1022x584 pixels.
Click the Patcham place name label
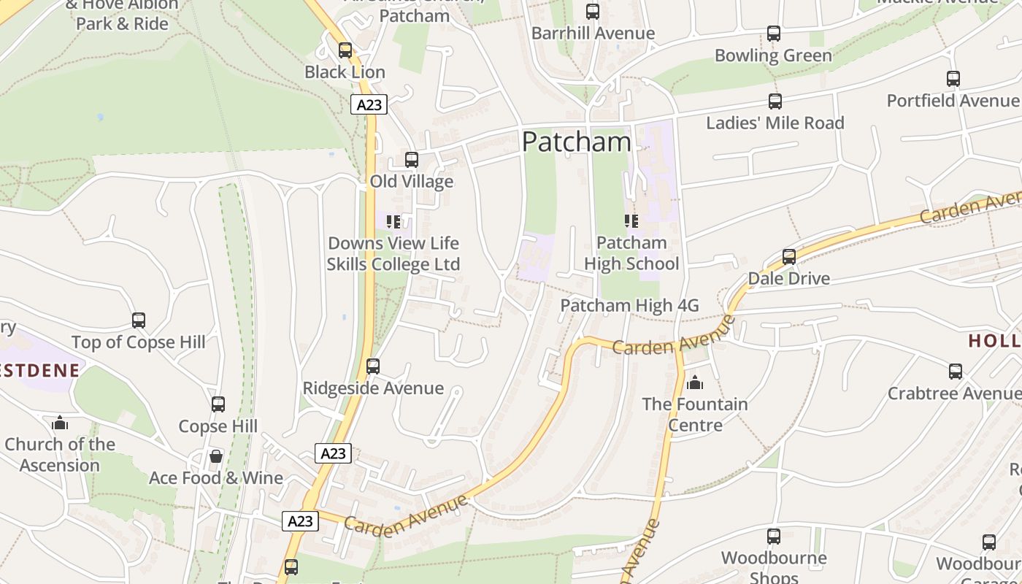click(x=576, y=142)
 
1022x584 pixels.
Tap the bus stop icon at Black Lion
click(x=345, y=50)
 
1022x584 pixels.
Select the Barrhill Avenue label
click(x=593, y=34)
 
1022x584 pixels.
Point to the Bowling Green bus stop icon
click(x=774, y=34)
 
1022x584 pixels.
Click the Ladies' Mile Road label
click(x=775, y=123)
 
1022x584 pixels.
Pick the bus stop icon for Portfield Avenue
click(x=953, y=79)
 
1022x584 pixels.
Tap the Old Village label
click(x=411, y=181)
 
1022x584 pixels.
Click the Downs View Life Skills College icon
click(x=393, y=221)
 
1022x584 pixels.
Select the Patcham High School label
click(x=631, y=253)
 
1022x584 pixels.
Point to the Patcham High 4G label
click(x=629, y=305)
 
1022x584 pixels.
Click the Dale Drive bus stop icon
click(x=789, y=257)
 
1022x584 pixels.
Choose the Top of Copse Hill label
click(x=138, y=342)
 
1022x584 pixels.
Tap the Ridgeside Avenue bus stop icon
click(x=373, y=366)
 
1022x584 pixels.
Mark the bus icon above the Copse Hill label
click(x=218, y=404)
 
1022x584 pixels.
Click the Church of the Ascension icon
click(x=60, y=423)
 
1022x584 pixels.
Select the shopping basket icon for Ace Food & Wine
click(x=216, y=457)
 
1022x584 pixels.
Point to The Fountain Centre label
click(x=694, y=414)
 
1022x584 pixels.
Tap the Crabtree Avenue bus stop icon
click(x=956, y=372)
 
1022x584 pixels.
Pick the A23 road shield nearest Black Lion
click(x=369, y=104)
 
